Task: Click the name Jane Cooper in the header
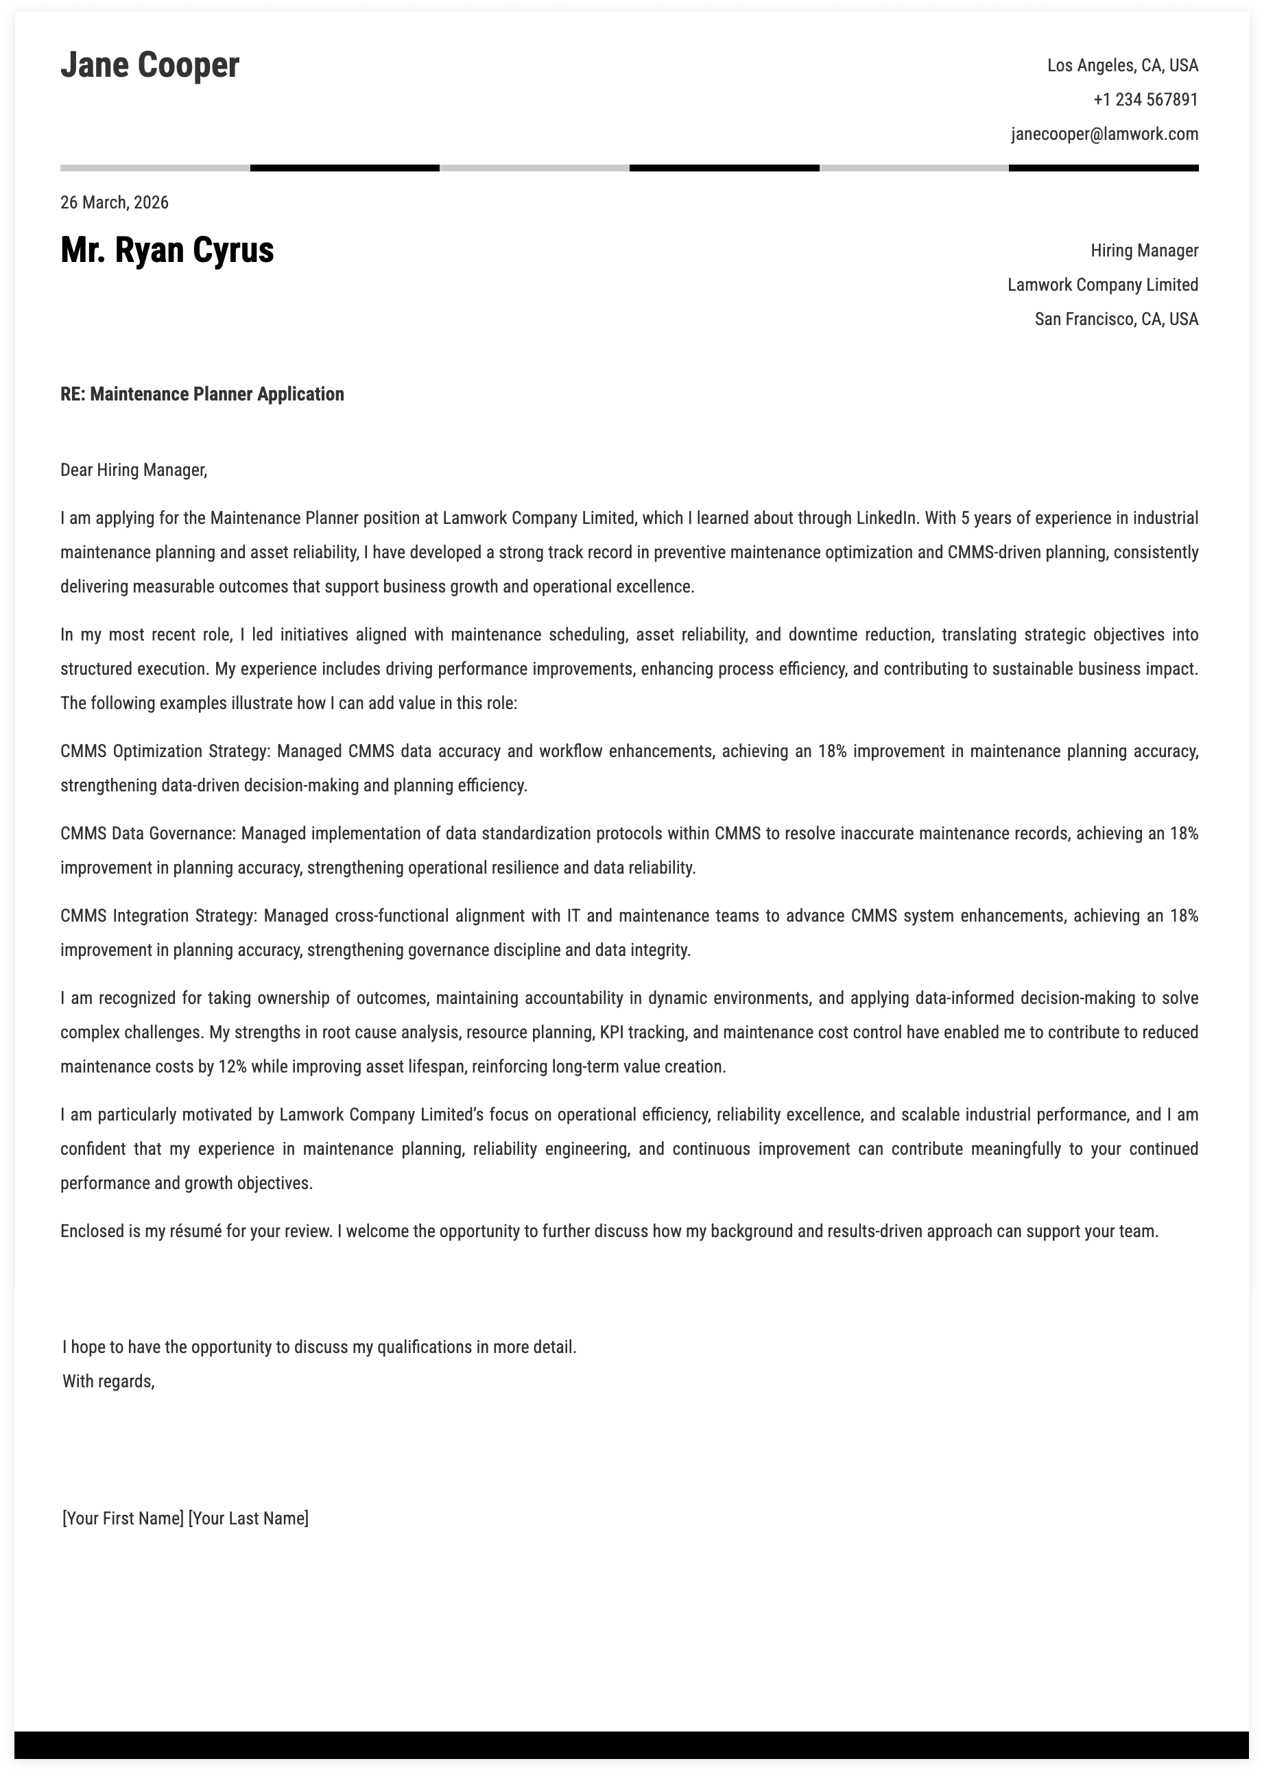pos(150,65)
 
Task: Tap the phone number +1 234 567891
pos(1145,100)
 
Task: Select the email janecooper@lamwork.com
pos(1104,134)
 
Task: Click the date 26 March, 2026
pos(115,203)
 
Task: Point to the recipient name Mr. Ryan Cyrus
pos(167,250)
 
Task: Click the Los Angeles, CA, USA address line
pos(1122,66)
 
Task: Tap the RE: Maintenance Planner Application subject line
pos(202,394)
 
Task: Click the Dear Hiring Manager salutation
pos(134,470)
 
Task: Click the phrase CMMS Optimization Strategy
pos(164,751)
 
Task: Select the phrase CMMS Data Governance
pos(147,834)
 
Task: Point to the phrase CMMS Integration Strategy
pos(158,916)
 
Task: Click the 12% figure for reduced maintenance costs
pos(233,1066)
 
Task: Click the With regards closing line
pos(109,1381)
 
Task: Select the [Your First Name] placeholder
pos(123,1518)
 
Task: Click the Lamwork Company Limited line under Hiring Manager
pos(1102,285)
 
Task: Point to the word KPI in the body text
pos(614,1033)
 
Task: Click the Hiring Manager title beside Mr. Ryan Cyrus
pos(1144,251)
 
